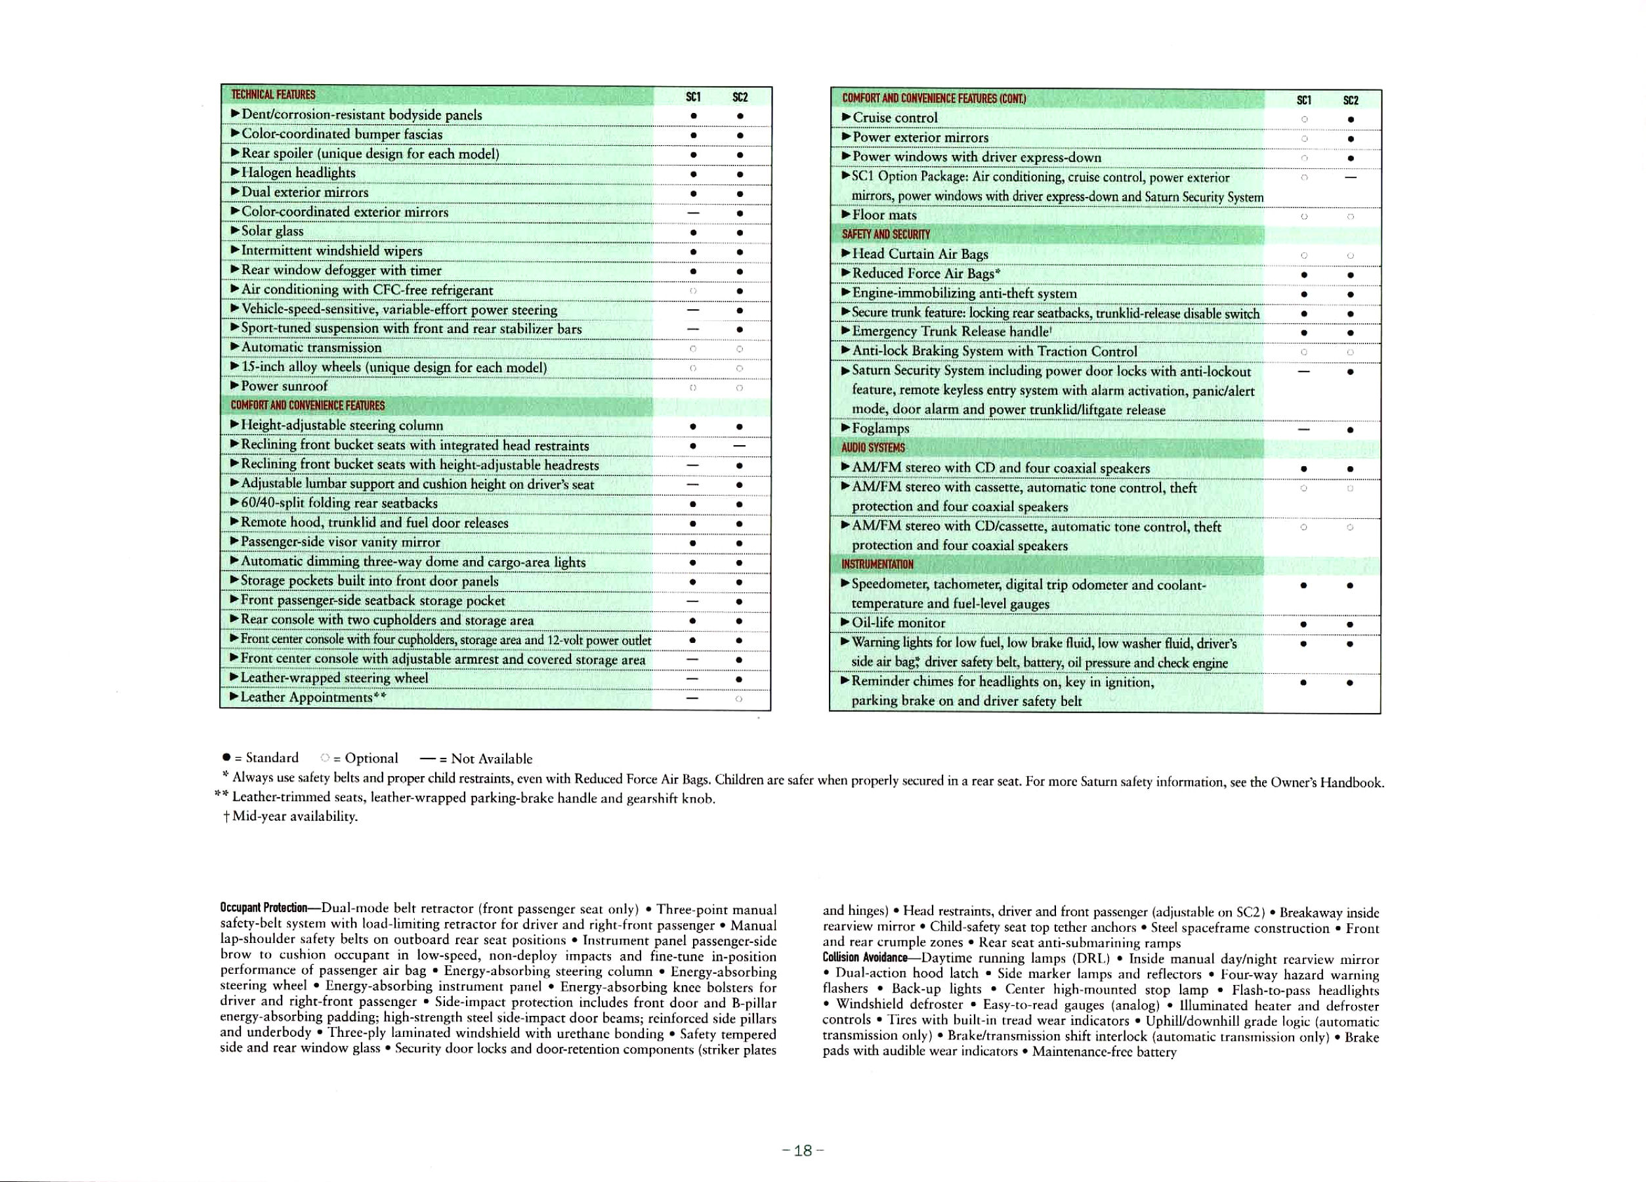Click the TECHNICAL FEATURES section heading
point(273,95)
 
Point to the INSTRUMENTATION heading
point(877,564)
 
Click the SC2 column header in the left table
point(740,97)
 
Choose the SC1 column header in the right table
point(1304,100)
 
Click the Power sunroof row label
point(284,386)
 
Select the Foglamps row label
point(880,428)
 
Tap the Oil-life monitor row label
point(898,623)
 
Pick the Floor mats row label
point(884,215)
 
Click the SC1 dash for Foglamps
point(1304,429)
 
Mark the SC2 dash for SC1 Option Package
point(1350,177)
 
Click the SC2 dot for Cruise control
point(1350,119)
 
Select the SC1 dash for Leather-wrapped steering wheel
point(693,678)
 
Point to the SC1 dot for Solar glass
point(694,232)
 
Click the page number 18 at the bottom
point(802,1150)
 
